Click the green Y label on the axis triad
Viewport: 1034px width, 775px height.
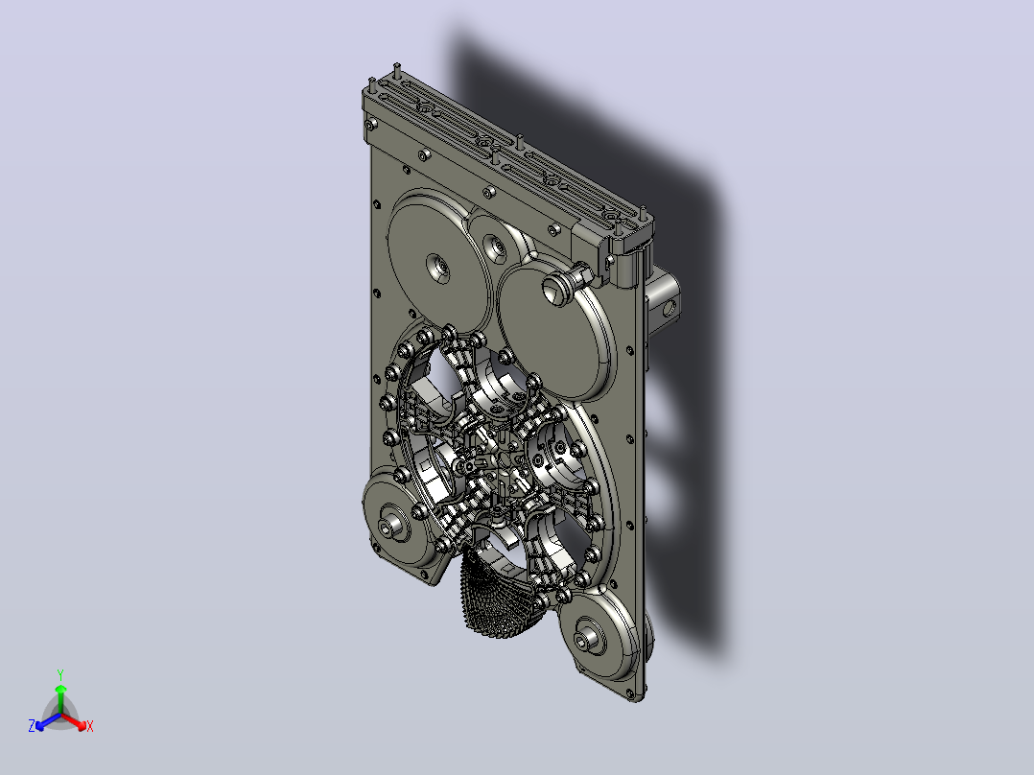pos(60,674)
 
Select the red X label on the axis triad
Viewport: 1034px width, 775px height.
pos(90,726)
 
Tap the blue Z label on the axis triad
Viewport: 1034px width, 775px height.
pos(32,726)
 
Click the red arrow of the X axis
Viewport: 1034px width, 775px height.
pos(74,721)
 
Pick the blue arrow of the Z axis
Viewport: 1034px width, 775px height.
pos(48,721)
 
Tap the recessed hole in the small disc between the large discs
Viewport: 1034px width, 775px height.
pos(496,248)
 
